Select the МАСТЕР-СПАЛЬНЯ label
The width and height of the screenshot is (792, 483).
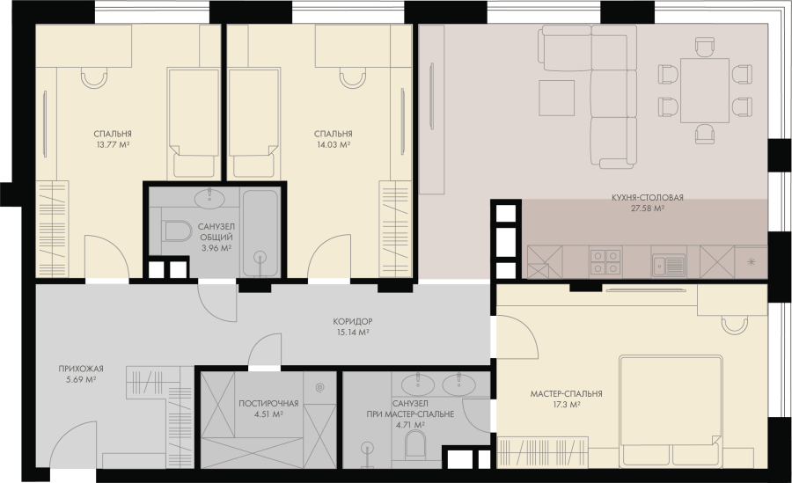[566, 393]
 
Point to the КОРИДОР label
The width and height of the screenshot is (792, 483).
[353, 321]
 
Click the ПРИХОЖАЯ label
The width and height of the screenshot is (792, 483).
[81, 369]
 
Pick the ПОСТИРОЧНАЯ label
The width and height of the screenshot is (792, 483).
[268, 404]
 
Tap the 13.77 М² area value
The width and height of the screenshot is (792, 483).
[113, 144]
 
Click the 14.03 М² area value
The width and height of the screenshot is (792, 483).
[333, 144]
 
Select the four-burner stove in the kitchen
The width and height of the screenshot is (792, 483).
[605, 261]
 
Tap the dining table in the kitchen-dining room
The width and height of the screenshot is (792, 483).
[705, 91]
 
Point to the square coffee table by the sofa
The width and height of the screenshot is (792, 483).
[557, 98]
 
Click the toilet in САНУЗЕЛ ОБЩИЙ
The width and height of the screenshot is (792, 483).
[175, 231]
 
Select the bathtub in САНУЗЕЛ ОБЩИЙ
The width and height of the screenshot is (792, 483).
[260, 233]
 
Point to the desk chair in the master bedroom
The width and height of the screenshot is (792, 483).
[735, 325]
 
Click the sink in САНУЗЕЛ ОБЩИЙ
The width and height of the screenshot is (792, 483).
[210, 199]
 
